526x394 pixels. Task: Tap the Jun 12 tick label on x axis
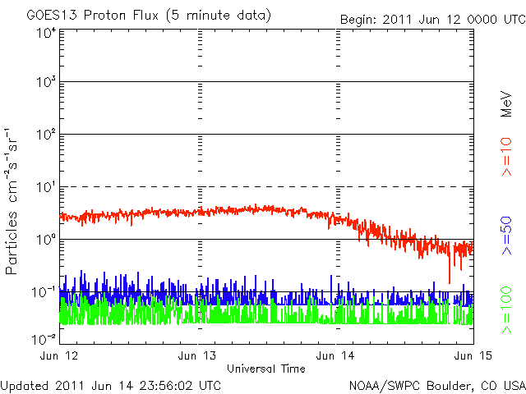pyautogui.click(x=60, y=355)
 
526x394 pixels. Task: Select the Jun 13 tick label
pyautogui.click(x=198, y=355)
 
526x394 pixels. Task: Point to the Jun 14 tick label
pyautogui.click(x=336, y=355)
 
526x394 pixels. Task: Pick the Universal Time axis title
pyautogui.click(x=266, y=369)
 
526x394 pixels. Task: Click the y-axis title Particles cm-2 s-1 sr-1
pyautogui.click(x=13, y=201)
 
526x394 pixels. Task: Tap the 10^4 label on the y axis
pyautogui.click(x=45, y=34)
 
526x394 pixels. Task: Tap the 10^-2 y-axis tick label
pyautogui.click(x=44, y=338)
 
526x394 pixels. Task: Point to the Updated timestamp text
pyautogui.click(x=112, y=384)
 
